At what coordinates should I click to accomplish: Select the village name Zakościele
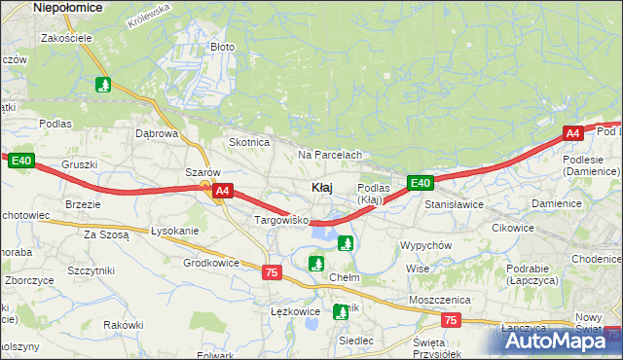(66, 38)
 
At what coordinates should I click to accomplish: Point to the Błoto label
(223, 46)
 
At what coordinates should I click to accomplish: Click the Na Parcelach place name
(330, 155)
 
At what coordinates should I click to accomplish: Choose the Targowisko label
(281, 221)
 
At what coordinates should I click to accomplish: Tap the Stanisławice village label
(454, 204)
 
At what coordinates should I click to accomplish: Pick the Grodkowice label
(211, 262)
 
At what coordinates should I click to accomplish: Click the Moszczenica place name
(440, 300)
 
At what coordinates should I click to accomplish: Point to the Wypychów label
(425, 245)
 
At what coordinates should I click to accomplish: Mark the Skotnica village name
(248, 142)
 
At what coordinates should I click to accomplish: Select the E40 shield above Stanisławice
(420, 182)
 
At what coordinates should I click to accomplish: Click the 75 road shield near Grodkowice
(272, 273)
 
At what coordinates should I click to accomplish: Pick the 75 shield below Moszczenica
(450, 319)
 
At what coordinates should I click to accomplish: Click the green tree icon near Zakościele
(103, 85)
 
